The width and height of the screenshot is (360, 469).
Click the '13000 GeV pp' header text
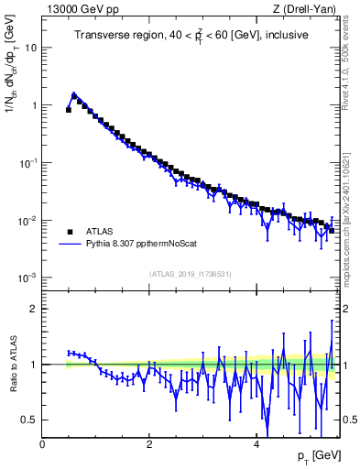pos(81,10)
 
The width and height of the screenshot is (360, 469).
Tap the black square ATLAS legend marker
pos(70,232)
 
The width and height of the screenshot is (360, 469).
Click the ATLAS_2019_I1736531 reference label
pos(190,273)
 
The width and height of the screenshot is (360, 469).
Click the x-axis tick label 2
pos(149,443)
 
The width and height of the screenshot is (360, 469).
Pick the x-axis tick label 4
pos(256,443)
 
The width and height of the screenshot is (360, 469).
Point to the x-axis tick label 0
pos(42,443)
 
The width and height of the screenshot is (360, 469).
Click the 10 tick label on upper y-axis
pos(31,48)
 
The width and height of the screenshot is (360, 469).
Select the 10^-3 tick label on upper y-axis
pos(27,278)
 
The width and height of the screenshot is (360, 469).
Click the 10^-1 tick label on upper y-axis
pos(27,163)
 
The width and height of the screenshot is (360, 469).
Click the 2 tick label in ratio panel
pos(34,309)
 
